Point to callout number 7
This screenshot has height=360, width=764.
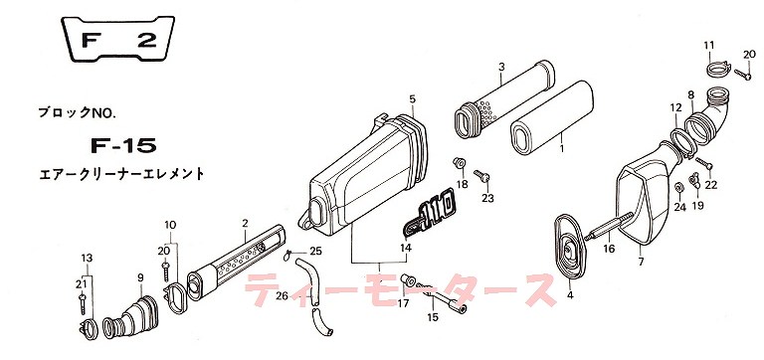[641, 262]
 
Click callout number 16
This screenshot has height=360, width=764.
[610, 249]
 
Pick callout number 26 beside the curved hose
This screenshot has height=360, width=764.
[282, 294]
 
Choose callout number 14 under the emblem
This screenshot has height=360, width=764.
[406, 248]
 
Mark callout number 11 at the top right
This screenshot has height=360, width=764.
[709, 45]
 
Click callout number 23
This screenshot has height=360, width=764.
[487, 199]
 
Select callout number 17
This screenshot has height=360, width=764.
[404, 305]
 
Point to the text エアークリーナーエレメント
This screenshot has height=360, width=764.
[118, 173]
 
